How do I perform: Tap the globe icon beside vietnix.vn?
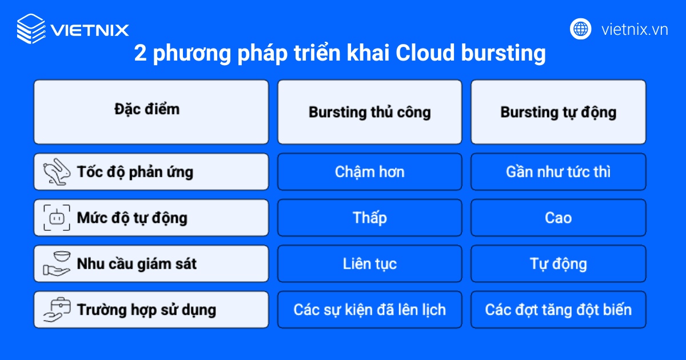pos(580,29)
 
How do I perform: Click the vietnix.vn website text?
pos(635,29)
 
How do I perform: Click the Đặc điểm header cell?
pos(151,111)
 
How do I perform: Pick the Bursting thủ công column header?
pos(369,111)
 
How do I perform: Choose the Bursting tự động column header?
pos(558,111)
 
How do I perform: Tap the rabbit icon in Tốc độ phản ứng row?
pos(56,171)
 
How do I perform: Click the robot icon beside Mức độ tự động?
pos(57,218)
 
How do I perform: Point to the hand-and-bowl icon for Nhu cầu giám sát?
pos(57,263)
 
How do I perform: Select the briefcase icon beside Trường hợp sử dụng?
pos(57,310)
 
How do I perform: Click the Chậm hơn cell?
pos(369,171)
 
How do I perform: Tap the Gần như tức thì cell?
pos(558,171)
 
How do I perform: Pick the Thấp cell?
pos(369,218)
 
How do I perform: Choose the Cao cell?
pos(558,218)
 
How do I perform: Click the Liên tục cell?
pos(369,263)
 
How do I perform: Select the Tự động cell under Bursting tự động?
pos(558,263)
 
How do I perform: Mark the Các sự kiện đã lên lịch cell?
pos(369,310)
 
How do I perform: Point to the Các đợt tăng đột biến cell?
pos(558,310)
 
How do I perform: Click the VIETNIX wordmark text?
pos(90,29)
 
